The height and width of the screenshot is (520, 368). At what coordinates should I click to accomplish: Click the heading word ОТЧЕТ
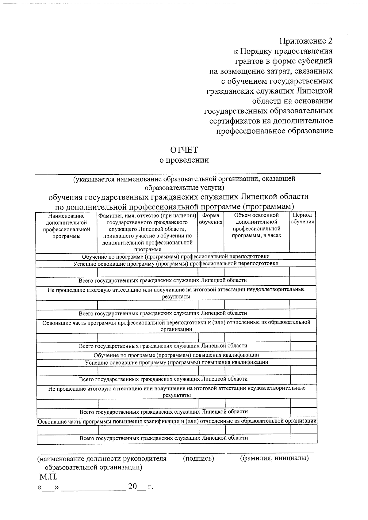click(x=184, y=150)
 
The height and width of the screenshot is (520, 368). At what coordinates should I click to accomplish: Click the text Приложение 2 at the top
click(x=305, y=41)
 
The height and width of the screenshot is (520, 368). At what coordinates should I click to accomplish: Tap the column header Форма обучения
click(x=211, y=219)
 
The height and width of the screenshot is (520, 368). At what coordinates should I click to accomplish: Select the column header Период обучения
click(x=302, y=218)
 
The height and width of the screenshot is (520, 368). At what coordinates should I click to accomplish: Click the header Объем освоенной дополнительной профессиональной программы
click(x=256, y=226)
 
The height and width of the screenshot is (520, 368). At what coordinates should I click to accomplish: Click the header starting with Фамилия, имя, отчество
click(x=147, y=232)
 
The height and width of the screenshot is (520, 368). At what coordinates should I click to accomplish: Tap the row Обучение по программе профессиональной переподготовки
click(x=176, y=256)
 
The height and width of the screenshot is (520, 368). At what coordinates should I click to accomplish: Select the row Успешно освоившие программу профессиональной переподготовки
click(x=176, y=264)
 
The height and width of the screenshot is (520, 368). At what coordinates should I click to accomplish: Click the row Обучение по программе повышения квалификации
click(x=176, y=355)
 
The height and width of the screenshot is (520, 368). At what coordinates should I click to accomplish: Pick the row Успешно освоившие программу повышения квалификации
click(x=176, y=362)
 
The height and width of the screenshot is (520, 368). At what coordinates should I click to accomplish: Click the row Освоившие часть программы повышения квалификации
click(x=177, y=421)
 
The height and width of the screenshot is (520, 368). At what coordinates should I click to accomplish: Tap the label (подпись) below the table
click(x=198, y=458)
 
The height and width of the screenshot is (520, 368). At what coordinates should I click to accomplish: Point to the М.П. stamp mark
click(x=48, y=477)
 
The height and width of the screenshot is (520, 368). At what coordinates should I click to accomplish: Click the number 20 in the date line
click(x=132, y=487)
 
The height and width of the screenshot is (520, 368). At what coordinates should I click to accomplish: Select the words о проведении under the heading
click(x=184, y=160)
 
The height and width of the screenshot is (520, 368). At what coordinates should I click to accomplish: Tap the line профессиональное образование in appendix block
click(x=274, y=131)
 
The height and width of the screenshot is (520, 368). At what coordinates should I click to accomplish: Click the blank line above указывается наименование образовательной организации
click(x=178, y=173)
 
